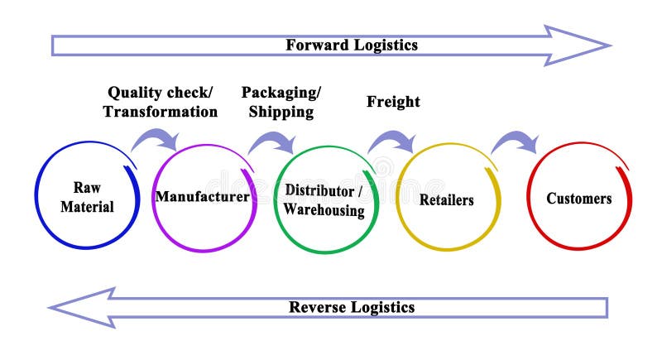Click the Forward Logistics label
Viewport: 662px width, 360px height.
(x=352, y=45)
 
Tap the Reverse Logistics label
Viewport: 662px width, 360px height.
(x=352, y=307)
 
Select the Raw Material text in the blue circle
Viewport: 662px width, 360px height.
(x=87, y=197)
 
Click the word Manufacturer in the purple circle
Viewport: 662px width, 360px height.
(x=202, y=197)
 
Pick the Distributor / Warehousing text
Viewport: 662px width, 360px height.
(x=324, y=199)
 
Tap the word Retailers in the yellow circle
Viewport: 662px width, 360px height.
(x=446, y=199)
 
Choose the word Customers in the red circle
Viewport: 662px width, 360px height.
(x=579, y=198)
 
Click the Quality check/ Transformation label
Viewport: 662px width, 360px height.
(x=161, y=101)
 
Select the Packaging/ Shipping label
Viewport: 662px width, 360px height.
(x=281, y=101)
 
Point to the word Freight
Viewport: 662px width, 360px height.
(x=393, y=102)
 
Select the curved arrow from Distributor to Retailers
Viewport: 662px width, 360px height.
(x=392, y=141)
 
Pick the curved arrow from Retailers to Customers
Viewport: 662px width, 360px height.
(x=515, y=142)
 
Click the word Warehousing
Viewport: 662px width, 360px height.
(x=324, y=210)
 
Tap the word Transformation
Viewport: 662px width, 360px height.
(x=161, y=111)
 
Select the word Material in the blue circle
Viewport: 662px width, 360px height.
(x=87, y=207)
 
